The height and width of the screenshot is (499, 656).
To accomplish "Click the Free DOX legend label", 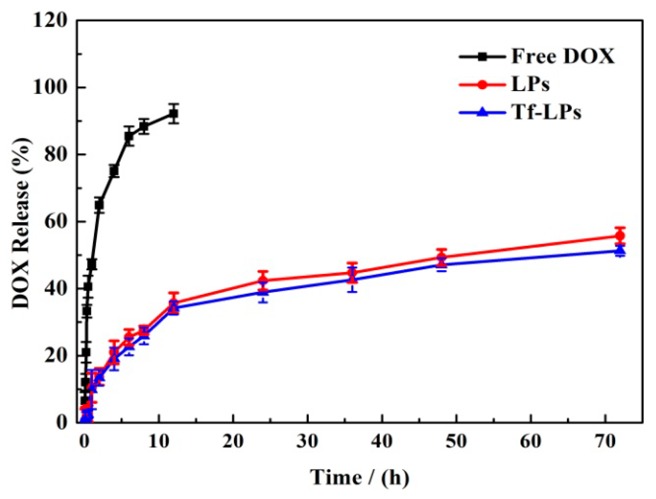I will click(x=563, y=57).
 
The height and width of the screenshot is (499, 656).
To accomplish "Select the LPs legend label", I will click(x=530, y=85).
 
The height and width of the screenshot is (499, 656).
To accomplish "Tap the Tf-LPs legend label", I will click(x=546, y=112).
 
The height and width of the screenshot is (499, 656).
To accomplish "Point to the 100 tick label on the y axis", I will click(x=50, y=87).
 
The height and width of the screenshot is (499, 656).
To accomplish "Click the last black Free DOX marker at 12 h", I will click(x=174, y=114).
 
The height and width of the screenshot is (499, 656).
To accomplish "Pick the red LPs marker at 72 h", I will click(x=620, y=236).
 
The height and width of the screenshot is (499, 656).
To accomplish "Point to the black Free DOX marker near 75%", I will click(x=114, y=171).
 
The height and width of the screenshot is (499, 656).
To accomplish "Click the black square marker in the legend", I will click(x=482, y=57).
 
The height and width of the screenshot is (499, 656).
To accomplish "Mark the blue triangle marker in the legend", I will click(x=482, y=112).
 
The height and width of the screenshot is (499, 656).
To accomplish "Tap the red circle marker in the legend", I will click(x=482, y=85).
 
